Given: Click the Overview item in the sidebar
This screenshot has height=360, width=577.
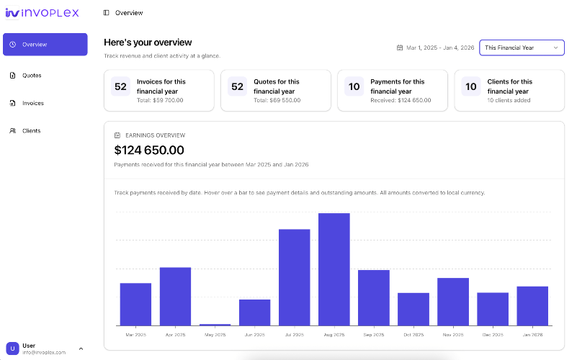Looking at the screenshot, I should click(45, 45).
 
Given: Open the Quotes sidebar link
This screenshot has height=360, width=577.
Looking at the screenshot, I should click(32, 76).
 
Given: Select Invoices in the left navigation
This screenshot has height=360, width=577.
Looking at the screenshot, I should click(32, 103).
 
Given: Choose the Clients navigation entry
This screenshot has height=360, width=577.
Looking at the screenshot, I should click(31, 131).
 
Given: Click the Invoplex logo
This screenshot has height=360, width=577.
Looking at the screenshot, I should click(42, 12).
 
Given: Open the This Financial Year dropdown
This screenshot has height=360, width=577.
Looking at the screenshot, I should click(522, 48).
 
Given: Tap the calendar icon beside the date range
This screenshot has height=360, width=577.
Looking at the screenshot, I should click(400, 48).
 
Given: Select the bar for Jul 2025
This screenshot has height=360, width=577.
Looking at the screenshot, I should click(294, 277).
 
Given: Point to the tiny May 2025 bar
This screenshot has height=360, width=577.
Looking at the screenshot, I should click(215, 325).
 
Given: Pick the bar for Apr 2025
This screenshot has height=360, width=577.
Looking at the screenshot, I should click(175, 296).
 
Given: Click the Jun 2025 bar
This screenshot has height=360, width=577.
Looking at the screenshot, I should click(254, 312).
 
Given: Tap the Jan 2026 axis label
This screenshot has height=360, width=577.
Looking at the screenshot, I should click(532, 335).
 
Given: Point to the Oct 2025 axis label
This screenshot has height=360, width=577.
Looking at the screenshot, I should click(413, 335).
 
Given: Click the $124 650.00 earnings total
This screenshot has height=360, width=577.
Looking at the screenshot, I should click(149, 150).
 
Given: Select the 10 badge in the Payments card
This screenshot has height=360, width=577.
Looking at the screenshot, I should click(354, 87).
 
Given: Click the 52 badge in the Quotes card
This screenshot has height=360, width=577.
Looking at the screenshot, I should click(237, 87).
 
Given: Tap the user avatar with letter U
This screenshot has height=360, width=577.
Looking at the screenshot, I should click(12, 348).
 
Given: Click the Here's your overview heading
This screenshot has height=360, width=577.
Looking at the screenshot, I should click(148, 42).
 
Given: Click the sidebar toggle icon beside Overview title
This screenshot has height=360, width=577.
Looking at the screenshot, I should click(107, 13).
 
